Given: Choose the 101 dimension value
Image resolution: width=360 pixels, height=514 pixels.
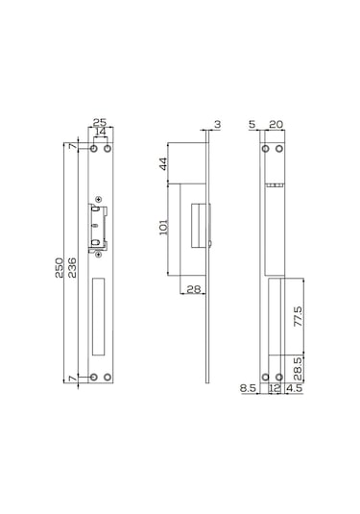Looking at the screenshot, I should click(162, 227).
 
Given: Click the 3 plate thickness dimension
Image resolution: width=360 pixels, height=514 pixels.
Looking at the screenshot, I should click(218, 124).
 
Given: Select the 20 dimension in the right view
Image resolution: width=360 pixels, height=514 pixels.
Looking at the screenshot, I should click(276, 124).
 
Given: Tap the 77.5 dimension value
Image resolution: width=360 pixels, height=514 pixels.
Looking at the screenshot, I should click(299, 318).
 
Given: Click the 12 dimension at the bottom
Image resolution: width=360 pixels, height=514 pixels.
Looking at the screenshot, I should click(276, 389).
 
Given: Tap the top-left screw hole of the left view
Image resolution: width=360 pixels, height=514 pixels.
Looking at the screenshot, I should click(94, 149).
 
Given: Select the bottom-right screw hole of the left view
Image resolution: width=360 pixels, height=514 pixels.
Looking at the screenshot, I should click(108, 377).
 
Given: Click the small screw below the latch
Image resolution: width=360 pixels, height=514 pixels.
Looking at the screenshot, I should click(100, 255).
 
